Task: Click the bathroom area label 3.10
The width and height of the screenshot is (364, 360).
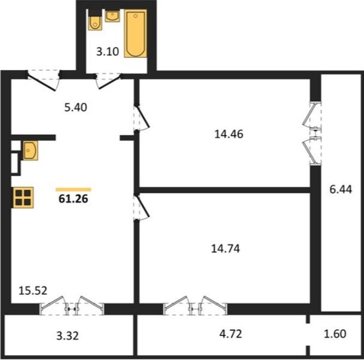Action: [x=108, y=51]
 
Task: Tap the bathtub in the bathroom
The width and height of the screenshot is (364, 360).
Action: [x=135, y=33]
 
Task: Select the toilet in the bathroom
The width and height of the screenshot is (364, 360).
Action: [x=95, y=20]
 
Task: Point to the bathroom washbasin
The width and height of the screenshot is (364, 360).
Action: [x=112, y=16]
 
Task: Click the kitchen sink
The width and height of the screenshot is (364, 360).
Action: [x=30, y=151]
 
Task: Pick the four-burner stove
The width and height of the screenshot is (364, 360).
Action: [x=23, y=198]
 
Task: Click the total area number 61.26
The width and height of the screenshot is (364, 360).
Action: [x=73, y=199]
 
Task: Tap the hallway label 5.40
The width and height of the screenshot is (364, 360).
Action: [x=76, y=108]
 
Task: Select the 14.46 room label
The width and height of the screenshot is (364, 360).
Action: [x=229, y=134]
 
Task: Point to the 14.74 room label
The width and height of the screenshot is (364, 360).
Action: [x=225, y=249]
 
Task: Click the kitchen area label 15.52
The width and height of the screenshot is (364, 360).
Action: [x=33, y=291]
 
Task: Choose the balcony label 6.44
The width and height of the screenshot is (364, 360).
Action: [x=341, y=190]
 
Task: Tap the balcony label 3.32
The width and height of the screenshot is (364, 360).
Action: [x=68, y=336]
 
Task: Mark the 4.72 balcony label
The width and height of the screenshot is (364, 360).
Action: [x=231, y=334]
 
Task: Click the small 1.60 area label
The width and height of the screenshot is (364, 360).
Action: [x=335, y=334]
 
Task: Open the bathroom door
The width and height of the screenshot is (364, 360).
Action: [x=108, y=80]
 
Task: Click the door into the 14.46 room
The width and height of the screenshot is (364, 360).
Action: [x=141, y=117]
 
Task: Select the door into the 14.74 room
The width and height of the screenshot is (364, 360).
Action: [x=141, y=207]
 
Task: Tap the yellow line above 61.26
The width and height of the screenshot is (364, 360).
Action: [x=73, y=190]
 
